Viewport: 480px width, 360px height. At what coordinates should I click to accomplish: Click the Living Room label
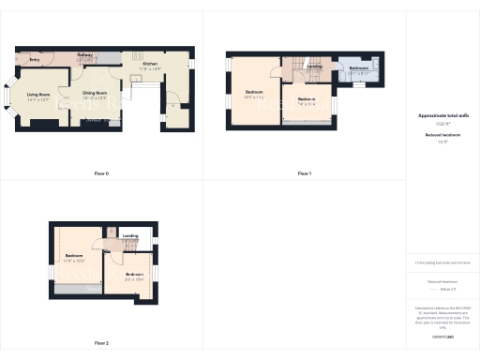pyautogui.click(x=38, y=95)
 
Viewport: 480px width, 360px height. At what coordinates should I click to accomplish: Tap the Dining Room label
pyautogui.click(x=92, y=95)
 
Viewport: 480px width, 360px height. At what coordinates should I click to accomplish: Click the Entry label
pyautogui.click(x=35, y=59)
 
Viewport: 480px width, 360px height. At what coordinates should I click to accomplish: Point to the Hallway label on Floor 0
pyautogui.click(x=84, y=55)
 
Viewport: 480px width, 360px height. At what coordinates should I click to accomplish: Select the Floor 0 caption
pyautogui.click(x=101, y=173)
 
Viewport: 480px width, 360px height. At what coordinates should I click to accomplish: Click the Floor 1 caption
pyautogui.click(x=305, y=173)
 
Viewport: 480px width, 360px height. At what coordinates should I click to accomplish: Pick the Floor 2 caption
pyautogui.click(x=101, y=343)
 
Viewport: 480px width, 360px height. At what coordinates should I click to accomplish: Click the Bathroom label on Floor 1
pyautogui.click(x=359, y=67)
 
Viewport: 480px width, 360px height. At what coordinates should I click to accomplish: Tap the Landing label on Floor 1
pyautogui.click(x=315, y=67)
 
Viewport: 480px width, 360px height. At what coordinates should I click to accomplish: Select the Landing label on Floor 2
pyautogui.click(x=130, y=235)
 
